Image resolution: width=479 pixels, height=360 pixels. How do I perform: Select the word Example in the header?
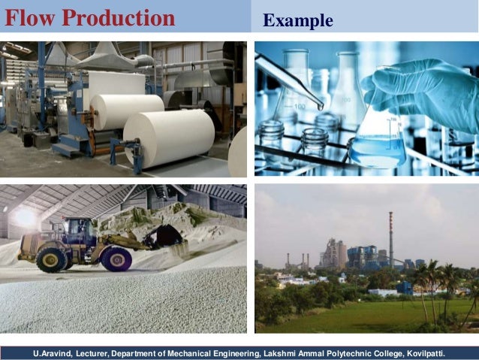298,20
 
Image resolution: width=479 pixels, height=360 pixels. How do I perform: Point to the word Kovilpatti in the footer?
422,352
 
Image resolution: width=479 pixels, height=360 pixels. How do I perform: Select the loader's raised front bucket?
164,236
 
